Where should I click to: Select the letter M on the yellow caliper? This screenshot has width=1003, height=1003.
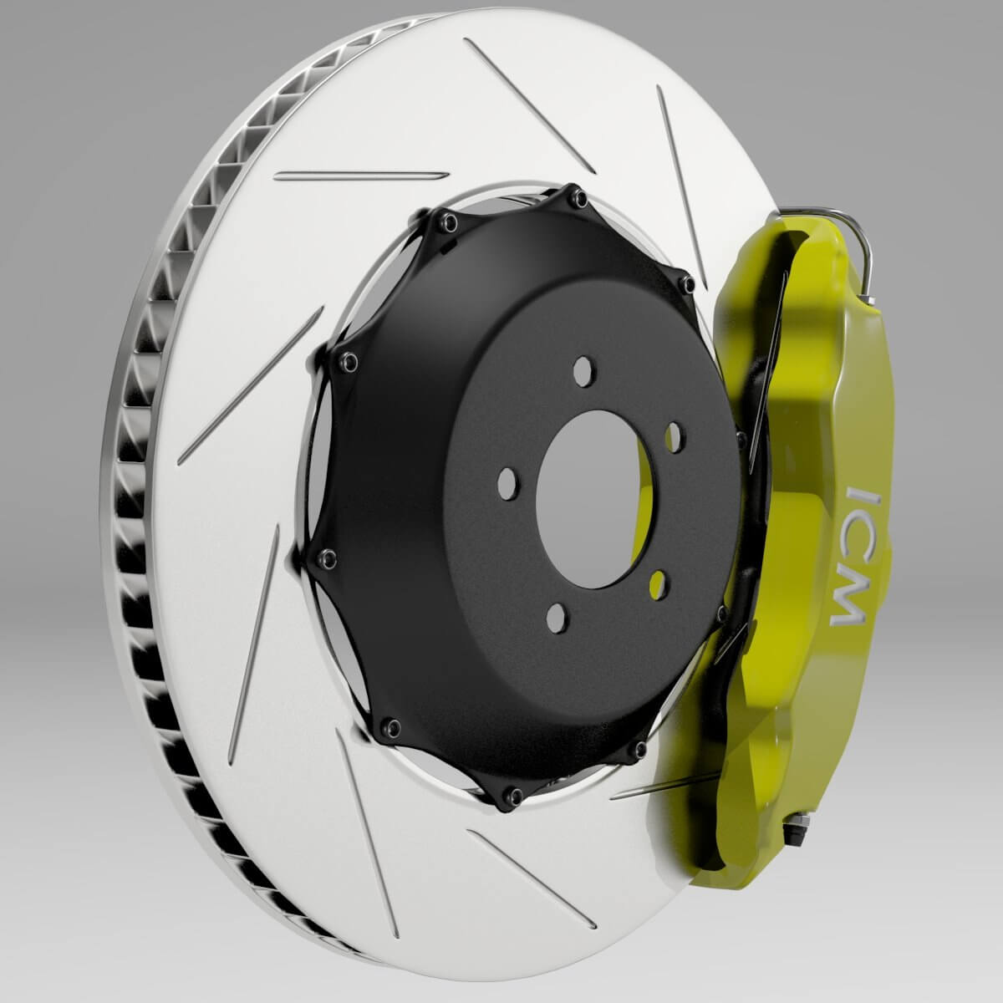848,603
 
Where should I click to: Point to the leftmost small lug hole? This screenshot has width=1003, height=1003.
505,482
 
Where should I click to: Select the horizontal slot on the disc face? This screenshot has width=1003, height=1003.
361,176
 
